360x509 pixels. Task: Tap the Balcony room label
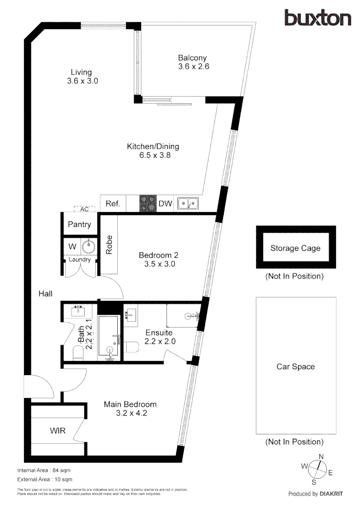tap(192, 58)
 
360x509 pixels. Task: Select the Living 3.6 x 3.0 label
tap(82, 77)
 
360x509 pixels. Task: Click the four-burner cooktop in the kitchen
tap(147, 204)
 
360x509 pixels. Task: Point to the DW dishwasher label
tap(165, 204)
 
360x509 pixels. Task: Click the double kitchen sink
tap(188, 204)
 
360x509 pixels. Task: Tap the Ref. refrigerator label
tap(113, 204)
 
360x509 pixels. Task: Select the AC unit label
tap(85, 209)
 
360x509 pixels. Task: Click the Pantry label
tap(79, 224)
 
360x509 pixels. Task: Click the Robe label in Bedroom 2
tap(109, 245)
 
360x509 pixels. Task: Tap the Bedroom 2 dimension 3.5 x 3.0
tap(159, 264)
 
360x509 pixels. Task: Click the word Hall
tap(45, 294)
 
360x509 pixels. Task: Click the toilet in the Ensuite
tap(131, 347)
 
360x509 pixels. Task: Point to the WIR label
tap(57, 431)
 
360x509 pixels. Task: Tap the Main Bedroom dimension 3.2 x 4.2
tap(130, 413)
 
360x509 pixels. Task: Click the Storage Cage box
tap(295, 248)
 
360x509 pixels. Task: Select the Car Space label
tap(295, 367)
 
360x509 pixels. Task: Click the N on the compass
tap(321, 456)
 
